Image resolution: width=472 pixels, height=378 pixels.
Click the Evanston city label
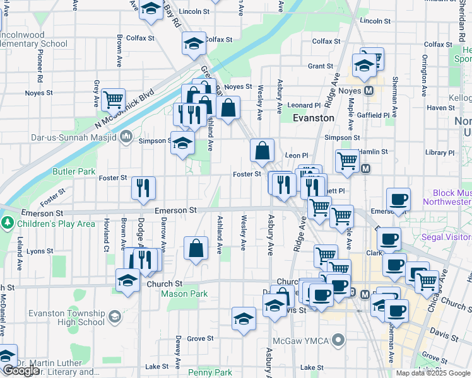click(314, 118)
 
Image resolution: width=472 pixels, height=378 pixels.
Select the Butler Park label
click(74, 171)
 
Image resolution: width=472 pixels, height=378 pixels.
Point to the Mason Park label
click(184, 294)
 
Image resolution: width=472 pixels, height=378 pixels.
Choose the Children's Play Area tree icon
click(7, 223)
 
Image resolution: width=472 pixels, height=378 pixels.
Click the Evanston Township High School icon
click(114, 316)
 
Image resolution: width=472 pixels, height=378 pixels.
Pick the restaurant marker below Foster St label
click(143, 187)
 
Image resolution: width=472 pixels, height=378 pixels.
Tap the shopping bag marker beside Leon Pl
click(262, 151)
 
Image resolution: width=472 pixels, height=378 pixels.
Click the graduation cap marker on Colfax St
click(194, 43)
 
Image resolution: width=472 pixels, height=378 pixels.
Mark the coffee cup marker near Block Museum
click(398, 199)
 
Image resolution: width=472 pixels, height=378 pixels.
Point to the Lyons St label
click(40, 251)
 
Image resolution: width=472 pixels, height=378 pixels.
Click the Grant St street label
click(321, 66)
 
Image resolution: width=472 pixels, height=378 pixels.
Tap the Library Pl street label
click(440, 152)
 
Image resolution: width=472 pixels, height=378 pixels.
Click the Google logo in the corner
click(21, 370)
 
